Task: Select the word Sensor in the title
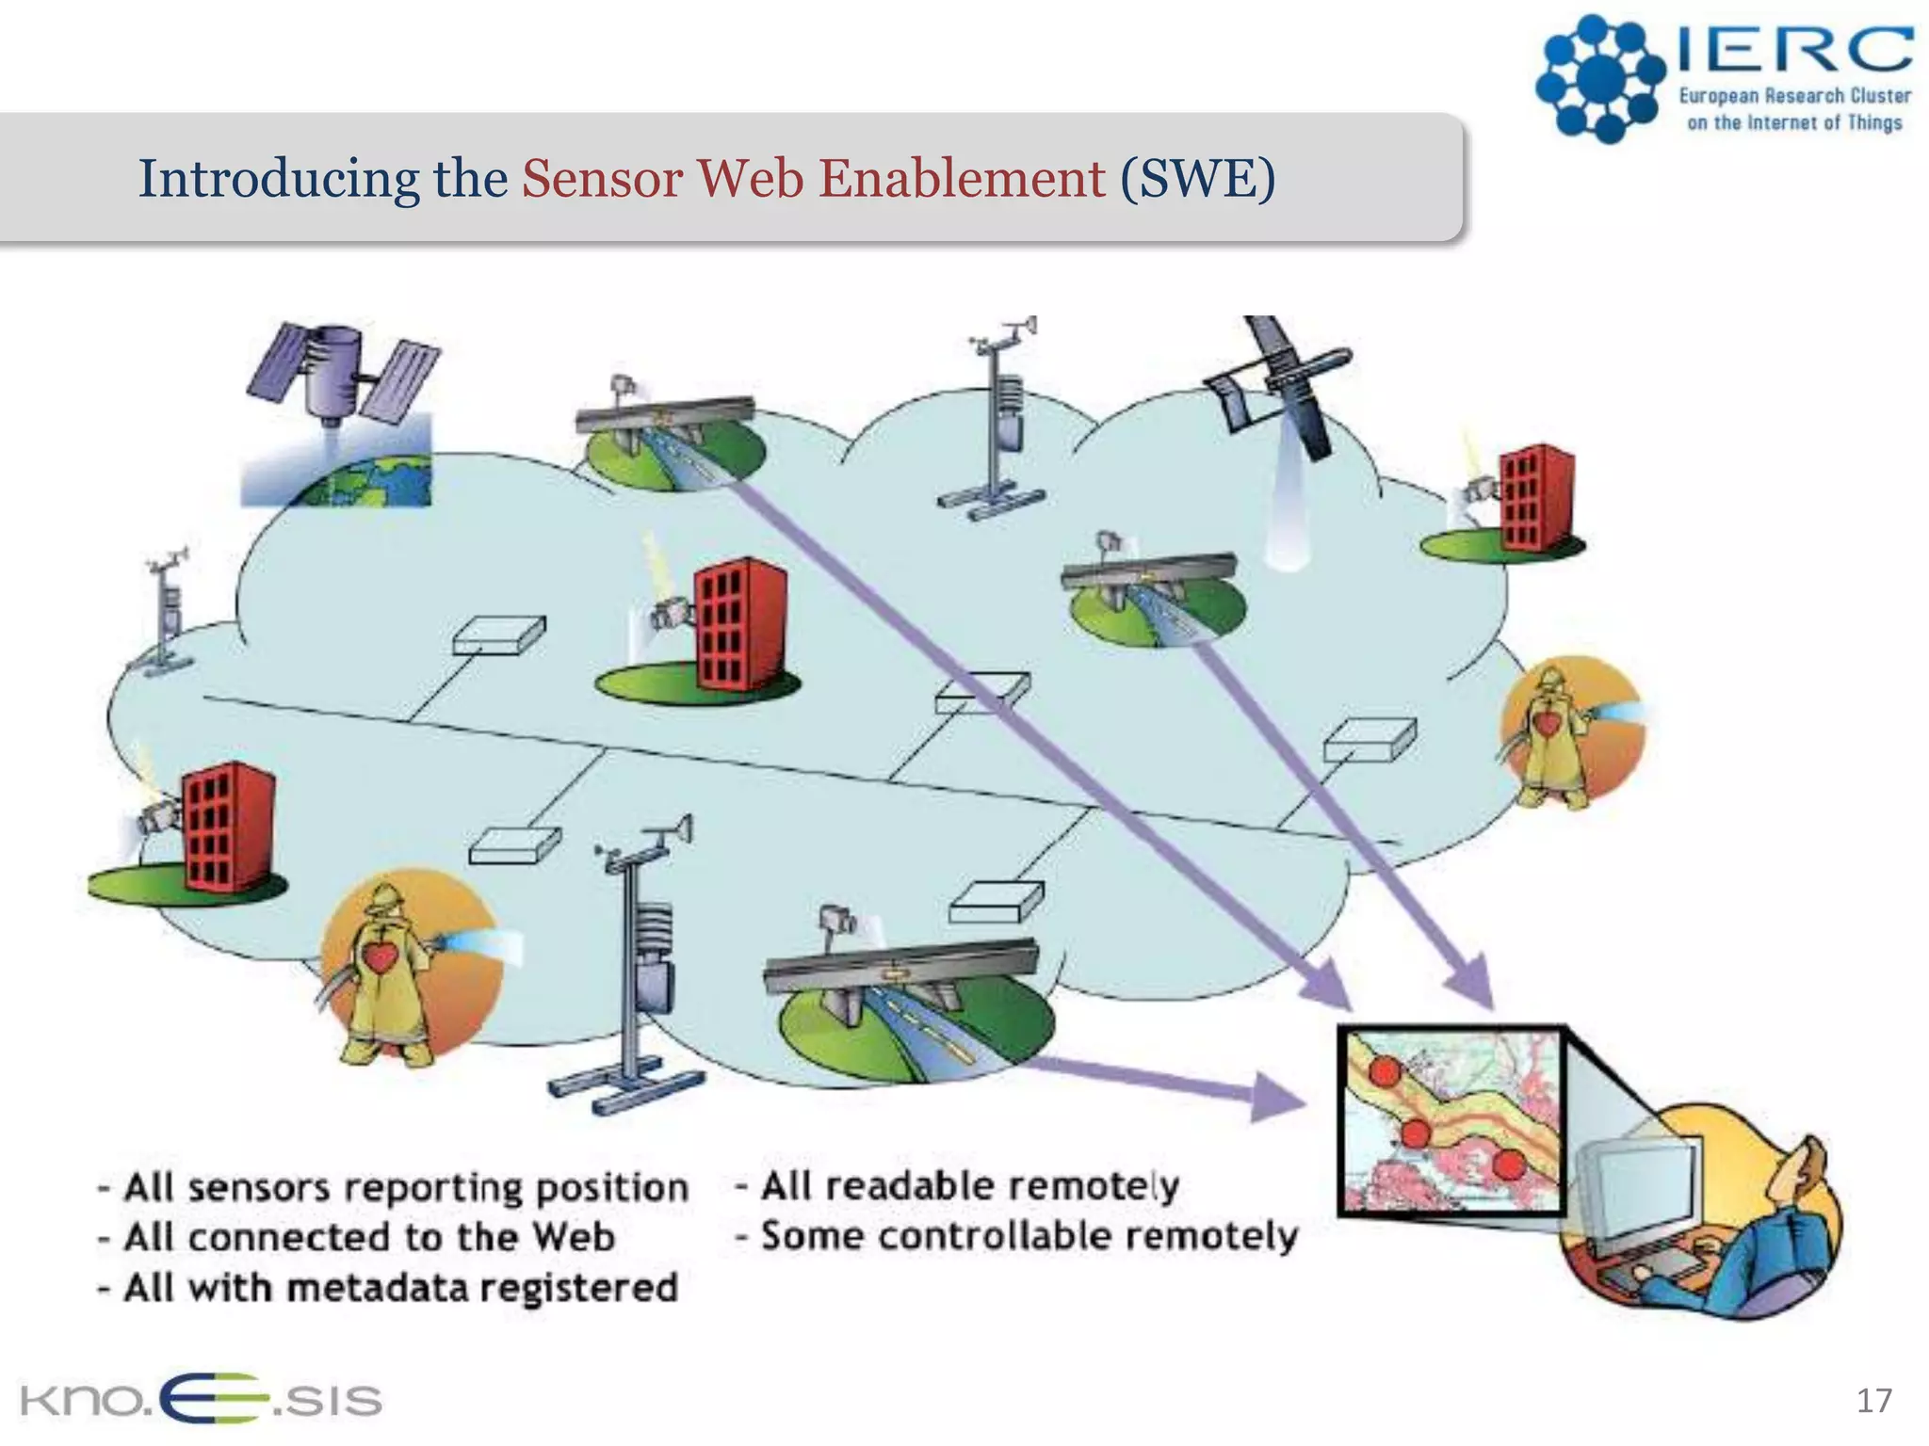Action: point(601,178)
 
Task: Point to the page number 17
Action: point(1873,1400)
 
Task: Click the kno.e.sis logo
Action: point(200,1400)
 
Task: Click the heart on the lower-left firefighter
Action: point(381,959)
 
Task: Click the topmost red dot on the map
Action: point(1384,1071)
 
